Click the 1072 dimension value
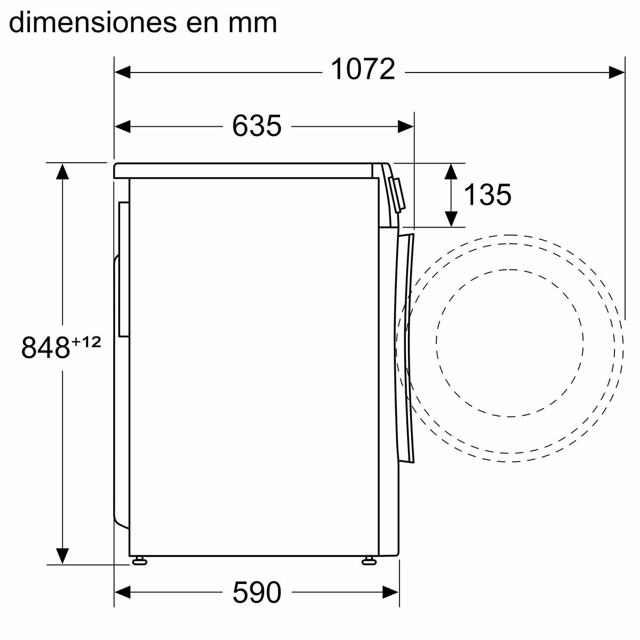click(x=363, y=70)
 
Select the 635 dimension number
click(x=257, y=126)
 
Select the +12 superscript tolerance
click(x=86, y=342)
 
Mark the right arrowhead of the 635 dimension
click(x=406, y=126)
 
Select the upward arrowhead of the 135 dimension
click(x=451, y=172)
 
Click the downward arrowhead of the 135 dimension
click(x=451, y=219)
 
